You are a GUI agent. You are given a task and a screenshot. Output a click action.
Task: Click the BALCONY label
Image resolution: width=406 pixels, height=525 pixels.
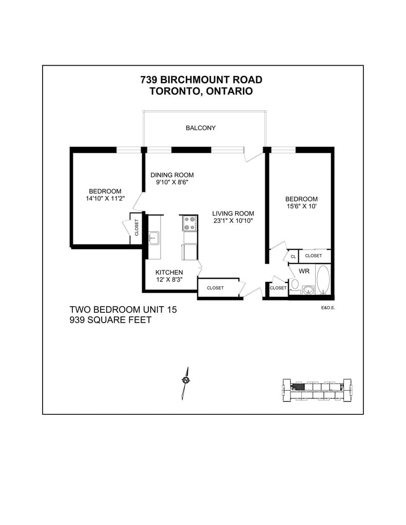201,128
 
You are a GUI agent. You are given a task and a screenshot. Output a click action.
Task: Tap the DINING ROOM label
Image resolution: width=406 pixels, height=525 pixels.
172,175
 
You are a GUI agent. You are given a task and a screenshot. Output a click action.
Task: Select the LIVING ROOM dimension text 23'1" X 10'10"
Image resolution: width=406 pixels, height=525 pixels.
233,221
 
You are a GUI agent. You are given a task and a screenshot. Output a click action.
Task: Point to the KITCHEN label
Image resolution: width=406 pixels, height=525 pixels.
169,272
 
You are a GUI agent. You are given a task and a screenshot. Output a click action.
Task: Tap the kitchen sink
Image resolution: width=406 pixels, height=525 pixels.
153,238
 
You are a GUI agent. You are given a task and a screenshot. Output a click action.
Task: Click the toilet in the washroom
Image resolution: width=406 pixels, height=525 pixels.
295,284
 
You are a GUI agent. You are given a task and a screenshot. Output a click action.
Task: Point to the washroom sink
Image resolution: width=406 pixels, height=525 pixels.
307,290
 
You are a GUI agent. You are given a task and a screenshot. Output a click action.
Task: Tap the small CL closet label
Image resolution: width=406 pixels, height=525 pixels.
293,256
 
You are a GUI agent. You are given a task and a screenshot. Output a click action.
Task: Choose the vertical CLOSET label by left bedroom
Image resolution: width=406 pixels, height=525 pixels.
137,228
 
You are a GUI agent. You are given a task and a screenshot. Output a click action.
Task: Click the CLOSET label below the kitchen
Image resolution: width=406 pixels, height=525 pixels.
215,288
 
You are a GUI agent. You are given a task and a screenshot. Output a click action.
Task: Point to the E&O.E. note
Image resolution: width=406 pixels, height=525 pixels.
327,308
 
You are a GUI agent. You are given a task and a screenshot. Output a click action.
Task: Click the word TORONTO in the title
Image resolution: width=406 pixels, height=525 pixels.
174,91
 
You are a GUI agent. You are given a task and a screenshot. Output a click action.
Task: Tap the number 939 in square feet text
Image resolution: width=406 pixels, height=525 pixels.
80,320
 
